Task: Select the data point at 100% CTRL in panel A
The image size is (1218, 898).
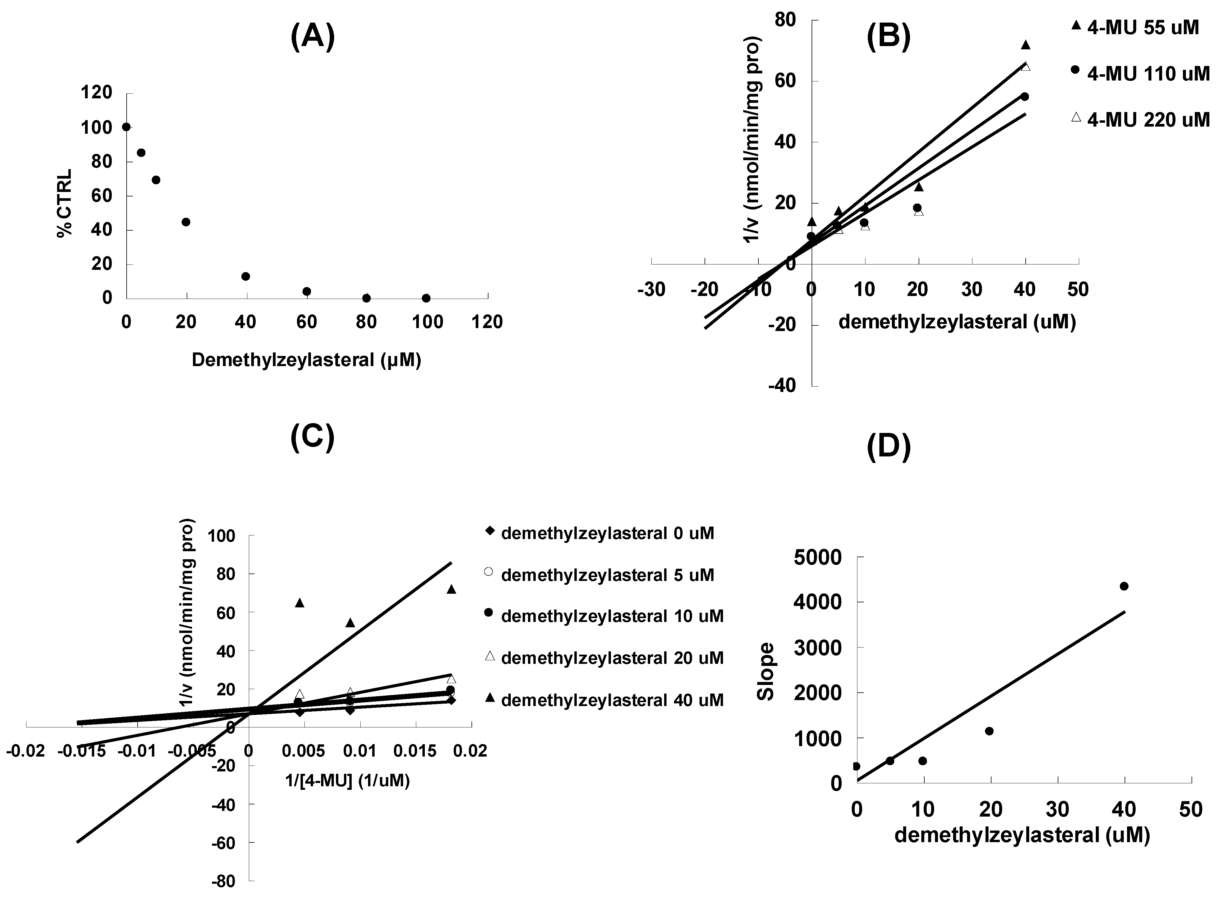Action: pos(126,127)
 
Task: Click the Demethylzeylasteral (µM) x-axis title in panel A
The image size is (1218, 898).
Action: pos(306,360)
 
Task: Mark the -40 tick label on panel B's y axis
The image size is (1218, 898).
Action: pos(781,385)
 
